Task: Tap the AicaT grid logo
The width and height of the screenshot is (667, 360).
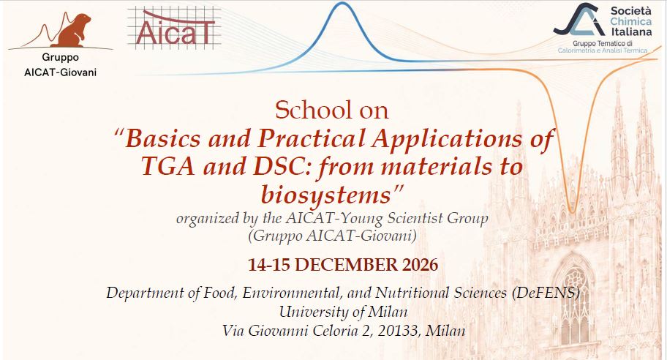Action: [x=174, y=28]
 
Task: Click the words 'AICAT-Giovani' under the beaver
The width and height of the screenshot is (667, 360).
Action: [x=61, y=72]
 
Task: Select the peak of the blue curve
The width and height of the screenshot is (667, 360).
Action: [x=342, y=4]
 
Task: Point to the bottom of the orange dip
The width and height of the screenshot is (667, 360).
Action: [x=572, y=211]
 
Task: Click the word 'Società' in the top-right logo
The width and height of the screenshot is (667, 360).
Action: [x=630, y=11]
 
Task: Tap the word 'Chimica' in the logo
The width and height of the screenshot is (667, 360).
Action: [x=631, y=21]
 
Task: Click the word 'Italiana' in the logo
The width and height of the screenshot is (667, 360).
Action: [x=632, y=32]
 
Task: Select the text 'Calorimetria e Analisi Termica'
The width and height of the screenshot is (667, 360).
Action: [x=603, y=50]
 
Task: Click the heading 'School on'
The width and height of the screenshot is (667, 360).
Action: [x=332, y=110]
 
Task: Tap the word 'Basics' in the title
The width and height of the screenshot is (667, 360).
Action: [x=163, y=138]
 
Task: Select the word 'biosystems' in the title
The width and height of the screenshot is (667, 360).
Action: [x=326, y=195]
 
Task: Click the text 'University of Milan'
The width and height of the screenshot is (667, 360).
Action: [x=343, y=312]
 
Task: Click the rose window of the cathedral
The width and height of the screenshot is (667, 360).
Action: [x=575, y=280]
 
